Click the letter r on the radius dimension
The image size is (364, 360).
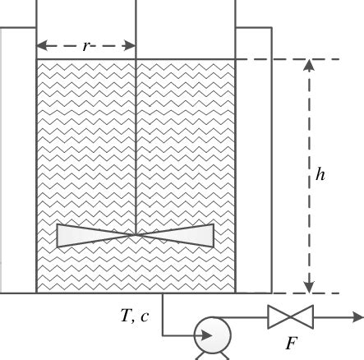(x=86, y=47)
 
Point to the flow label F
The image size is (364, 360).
(x=290, y=343)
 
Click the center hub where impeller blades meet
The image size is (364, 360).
(x=136, y=235)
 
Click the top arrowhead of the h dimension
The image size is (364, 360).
(x=309, y=66)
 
